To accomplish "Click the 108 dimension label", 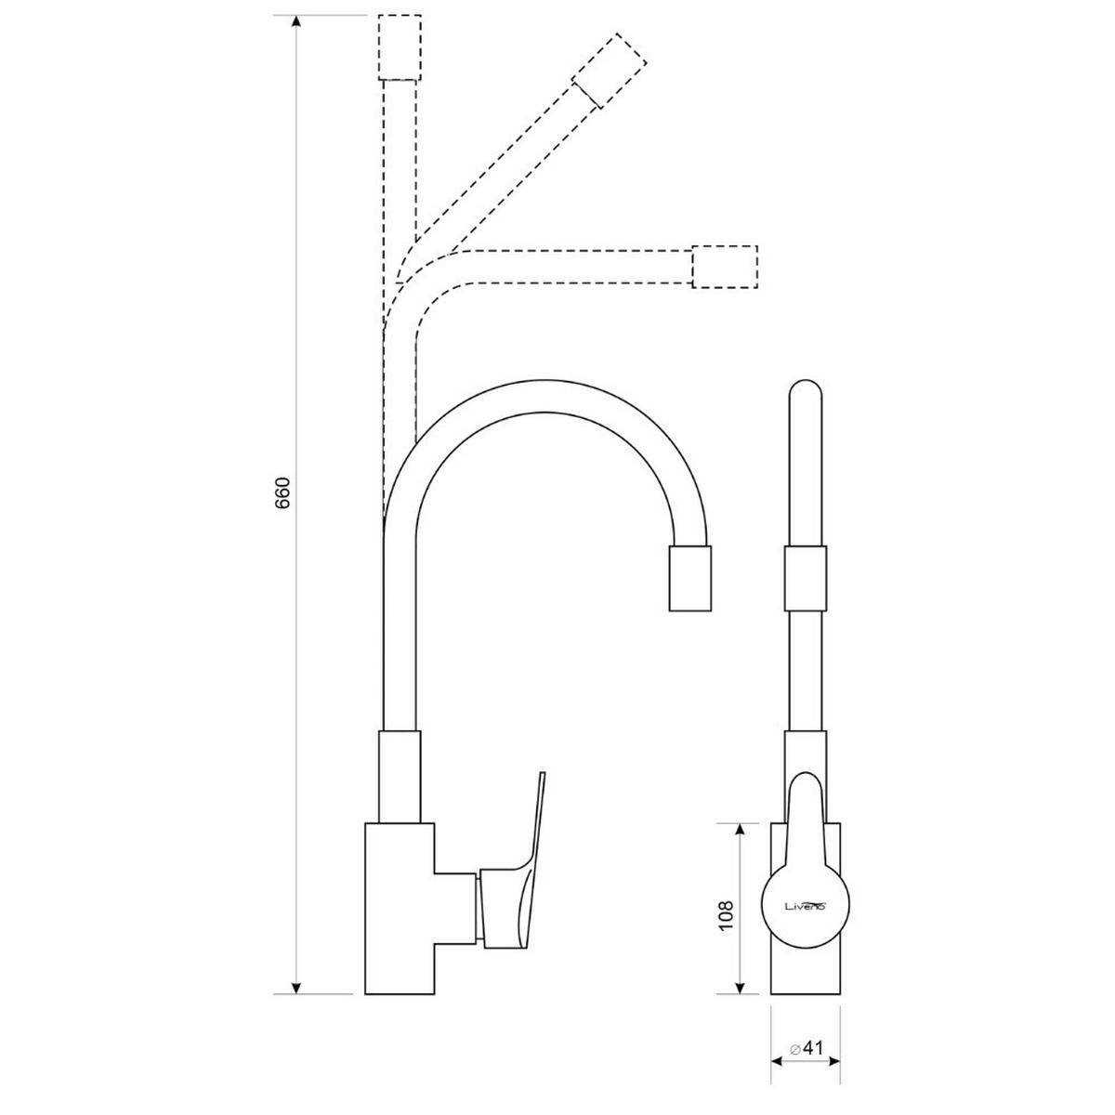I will (x=726, y=914).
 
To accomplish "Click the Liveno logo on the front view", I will (x=806, y=904).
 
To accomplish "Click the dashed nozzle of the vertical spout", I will (x=400, y=47).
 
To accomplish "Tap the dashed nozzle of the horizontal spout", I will (x=725, y=266).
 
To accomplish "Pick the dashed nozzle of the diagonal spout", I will (x=609, y=71).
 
